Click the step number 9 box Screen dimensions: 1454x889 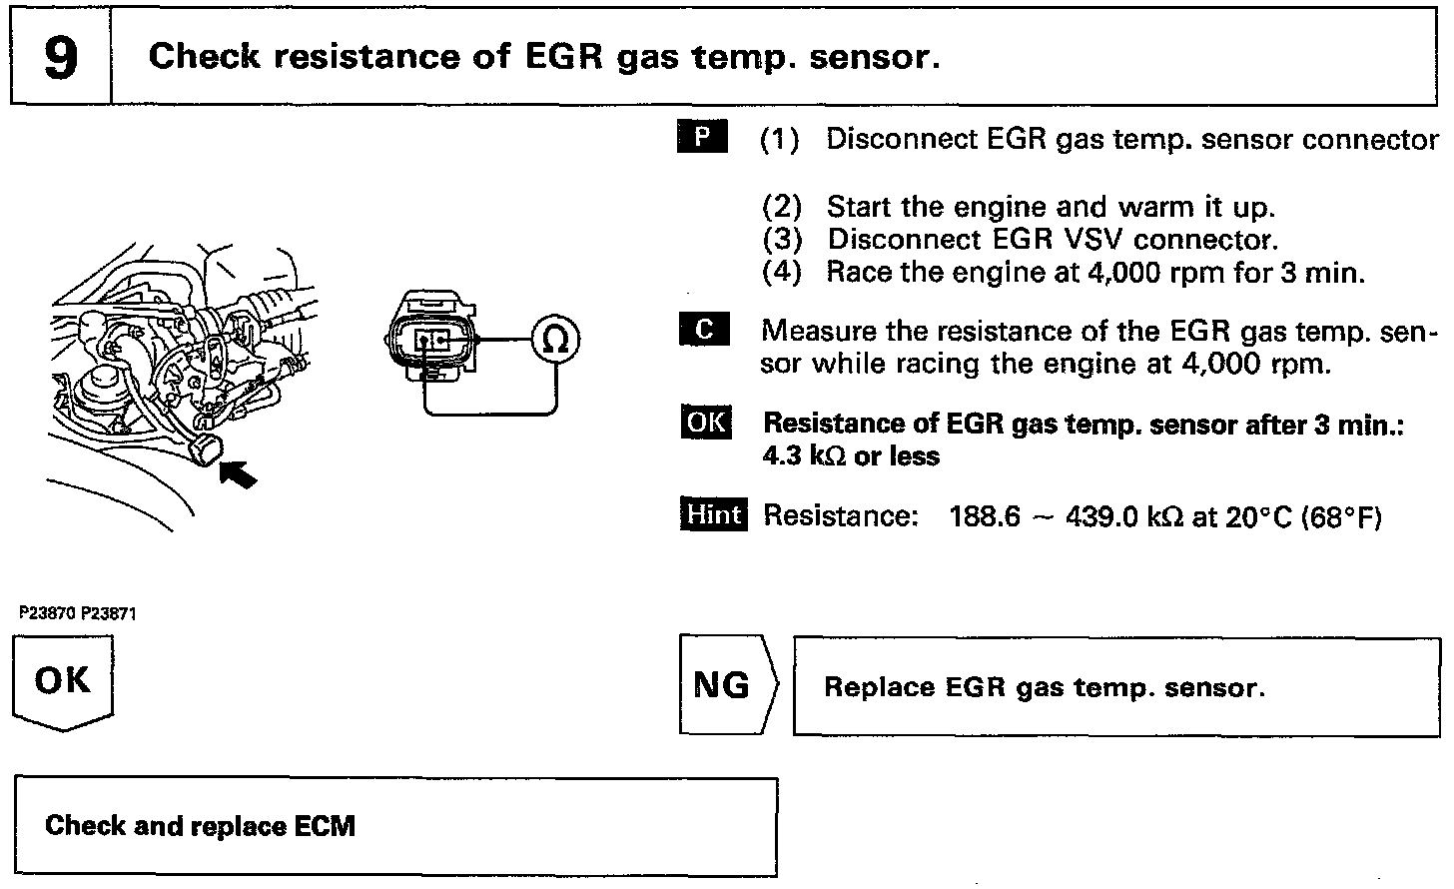pyautogui.click(x=60, y=57)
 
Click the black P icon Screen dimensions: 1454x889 pyautogui.click(x=702, y=137)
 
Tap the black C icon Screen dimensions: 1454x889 pyautogui.click(x=703, y=330)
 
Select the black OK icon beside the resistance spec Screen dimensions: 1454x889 pyautogui.click(x=705, y=423)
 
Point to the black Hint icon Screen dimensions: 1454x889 pyautogui.click(x=713, y=514)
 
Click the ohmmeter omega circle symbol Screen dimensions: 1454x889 pyautogui.click(x=554, y=341)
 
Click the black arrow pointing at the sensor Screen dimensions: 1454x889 pyautogui.click(x=238, y=470)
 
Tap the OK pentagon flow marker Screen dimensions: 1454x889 pyautogui.click(x=62, y=683)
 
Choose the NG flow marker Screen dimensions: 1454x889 pyautogui.click(x=725, y=685)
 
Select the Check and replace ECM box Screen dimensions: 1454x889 pyautogui.click(x=395, y=827)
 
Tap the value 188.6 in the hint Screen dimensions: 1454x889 pyautogui.click(x=985, y=516)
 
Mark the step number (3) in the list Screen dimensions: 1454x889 pyautogui.click(x=782, y=240)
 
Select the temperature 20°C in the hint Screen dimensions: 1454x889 pyautogui.click(x=1251, y=516)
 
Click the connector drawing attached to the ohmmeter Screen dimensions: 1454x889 pyautogui.click(x=431, y=337)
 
